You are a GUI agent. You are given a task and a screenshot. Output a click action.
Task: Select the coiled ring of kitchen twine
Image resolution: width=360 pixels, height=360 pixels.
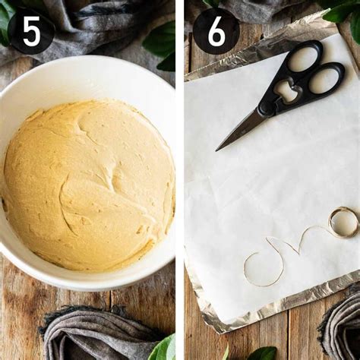[x=343, y=223]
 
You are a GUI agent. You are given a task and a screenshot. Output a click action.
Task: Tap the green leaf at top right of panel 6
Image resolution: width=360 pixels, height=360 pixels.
[x=346, y=15]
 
